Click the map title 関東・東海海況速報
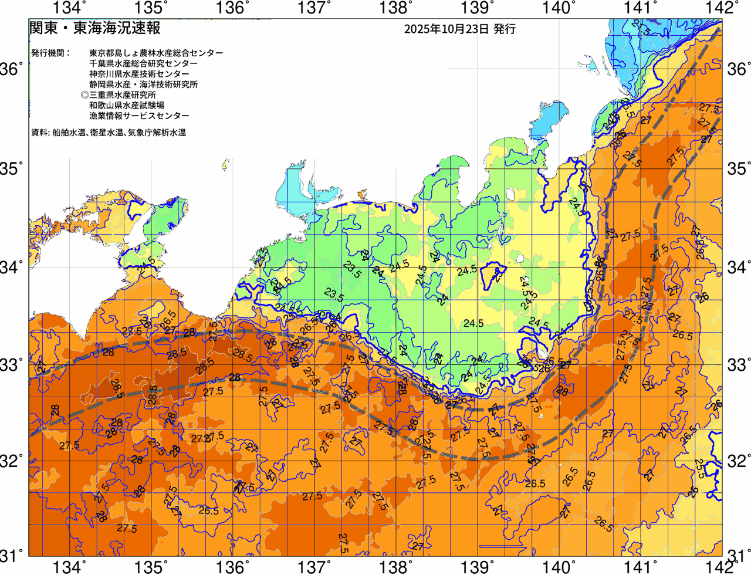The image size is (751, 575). tap(94, 28)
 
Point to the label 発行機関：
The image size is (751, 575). tap(50, 53)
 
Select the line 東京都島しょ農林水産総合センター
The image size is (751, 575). tap(156, 53)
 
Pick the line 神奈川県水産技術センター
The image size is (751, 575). tap(139, 74)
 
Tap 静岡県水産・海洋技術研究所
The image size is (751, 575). tap(143, 84)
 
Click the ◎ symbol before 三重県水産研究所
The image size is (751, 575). tap(84, 95)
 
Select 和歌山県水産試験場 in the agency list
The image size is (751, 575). tap(127, 106)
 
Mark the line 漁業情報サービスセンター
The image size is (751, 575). tap(139, 116)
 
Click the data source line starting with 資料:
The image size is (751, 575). tap(109, 133)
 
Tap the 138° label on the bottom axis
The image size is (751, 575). tap(393, 567)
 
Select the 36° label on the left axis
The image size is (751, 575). tap(12, 70)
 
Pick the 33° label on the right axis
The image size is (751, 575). tap(739, 364)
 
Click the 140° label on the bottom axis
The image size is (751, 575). tap(556, 567)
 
